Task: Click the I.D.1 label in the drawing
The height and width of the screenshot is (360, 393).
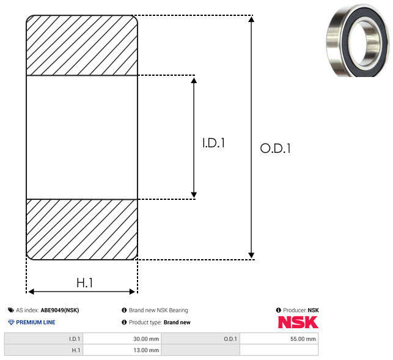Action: coord(213,143)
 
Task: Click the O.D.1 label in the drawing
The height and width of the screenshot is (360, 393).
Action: coord(276,148)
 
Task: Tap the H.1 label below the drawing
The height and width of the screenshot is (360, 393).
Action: coord(84,283)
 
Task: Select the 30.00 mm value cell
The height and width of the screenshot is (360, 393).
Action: coord(122,339)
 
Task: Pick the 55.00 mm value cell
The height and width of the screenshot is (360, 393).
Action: coord(279,339)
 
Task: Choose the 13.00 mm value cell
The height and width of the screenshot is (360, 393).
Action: coord(122,350)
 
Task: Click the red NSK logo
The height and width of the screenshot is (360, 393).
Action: coord(298,322)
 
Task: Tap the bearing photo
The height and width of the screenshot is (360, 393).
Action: coord(358,40)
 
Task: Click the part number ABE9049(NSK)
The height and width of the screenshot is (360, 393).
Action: coord(60,310)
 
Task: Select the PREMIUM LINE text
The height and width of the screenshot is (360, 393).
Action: coord(35,322)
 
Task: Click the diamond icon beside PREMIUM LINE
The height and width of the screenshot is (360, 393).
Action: coord(11,322)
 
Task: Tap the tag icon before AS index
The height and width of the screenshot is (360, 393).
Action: coord(11,310)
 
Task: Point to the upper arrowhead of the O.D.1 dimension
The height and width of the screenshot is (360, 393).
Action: coord(251,19)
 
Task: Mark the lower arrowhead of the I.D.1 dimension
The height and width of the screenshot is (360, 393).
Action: coord(194,195)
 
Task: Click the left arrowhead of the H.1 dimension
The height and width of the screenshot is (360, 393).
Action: coord(31,292)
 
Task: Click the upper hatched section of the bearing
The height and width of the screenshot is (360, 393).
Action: coord(82,45)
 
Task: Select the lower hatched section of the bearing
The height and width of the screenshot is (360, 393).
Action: coord(82,229)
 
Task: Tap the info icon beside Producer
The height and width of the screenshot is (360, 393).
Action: coord(279,310)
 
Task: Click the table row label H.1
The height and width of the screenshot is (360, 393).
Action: coord(76,350)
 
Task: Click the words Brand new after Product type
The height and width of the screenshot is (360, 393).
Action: coord(177,322)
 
